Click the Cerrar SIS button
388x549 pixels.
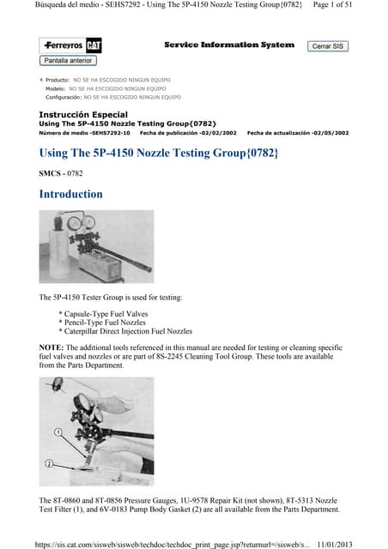(x=328, y=46)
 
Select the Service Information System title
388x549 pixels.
(x=228, y=45)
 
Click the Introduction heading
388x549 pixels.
(x=70, y=194)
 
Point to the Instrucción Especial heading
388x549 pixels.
(x=83, y=114)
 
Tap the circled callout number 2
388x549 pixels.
(x=52, y=462)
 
